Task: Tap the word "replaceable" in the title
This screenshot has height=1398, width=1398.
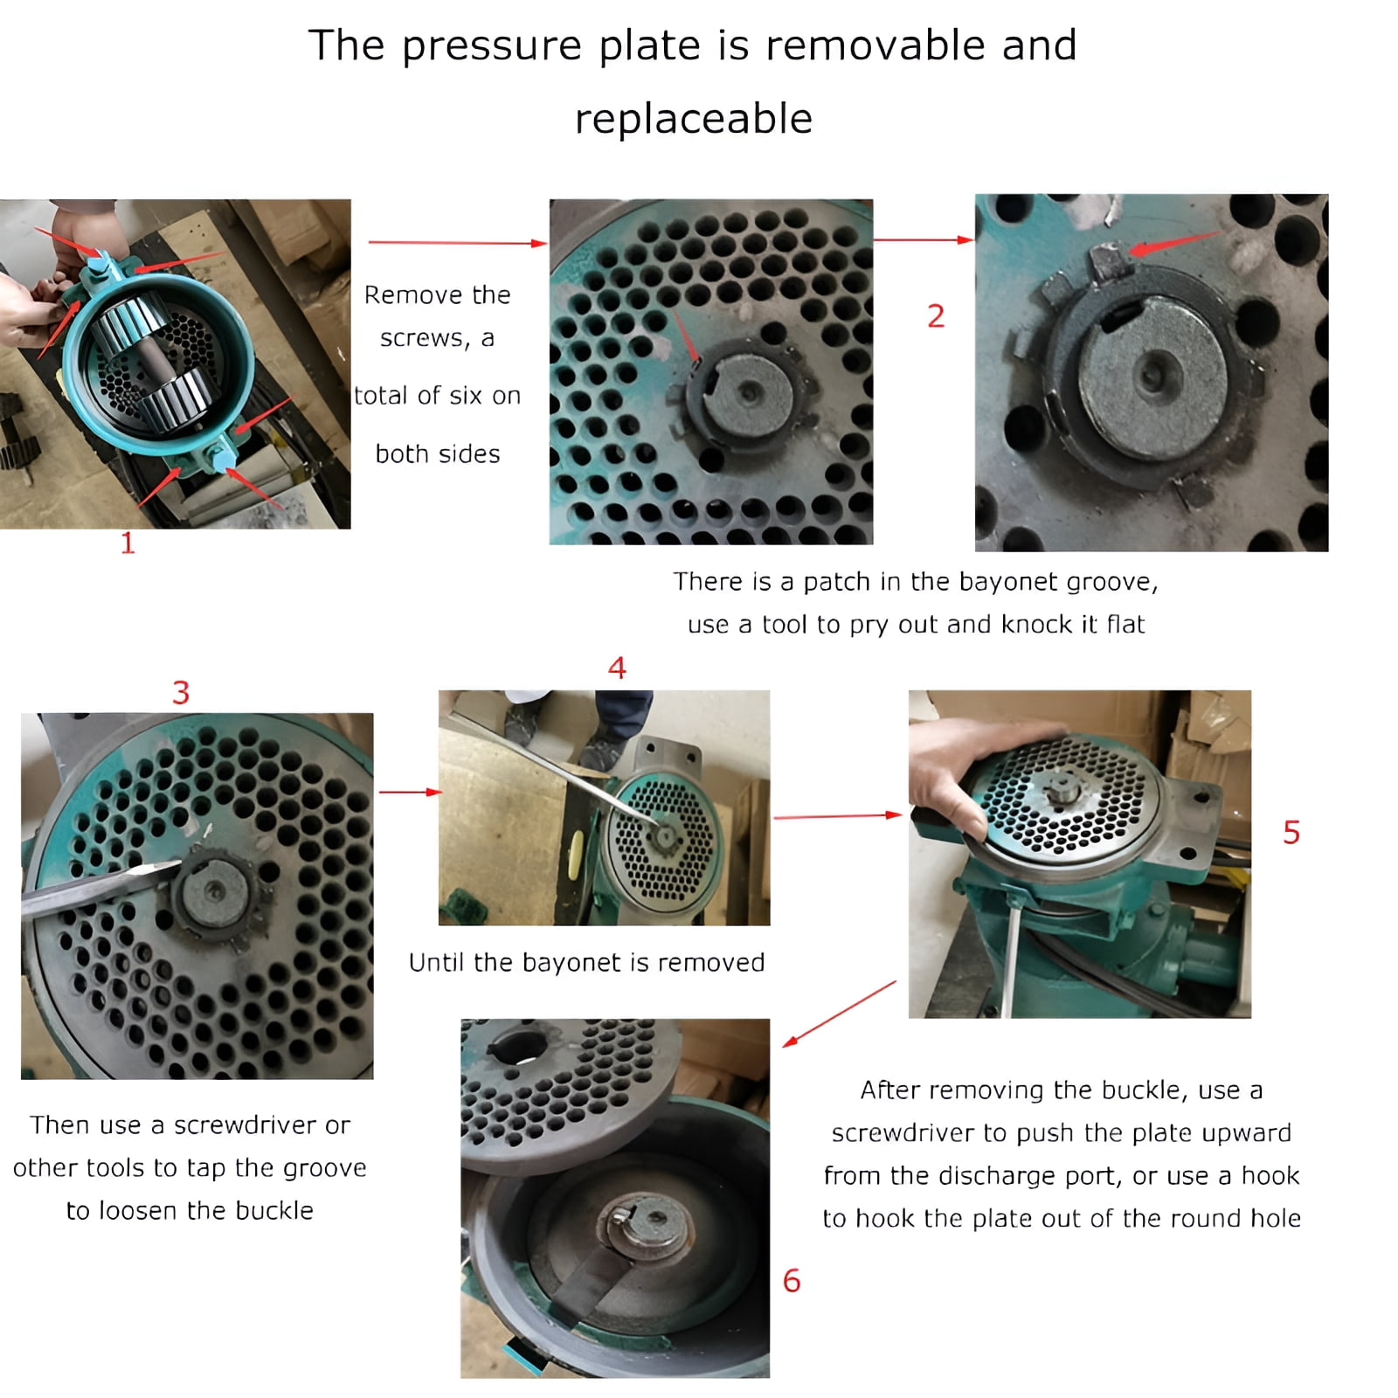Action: pos(694,118)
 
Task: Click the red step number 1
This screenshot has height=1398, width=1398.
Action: pos(128,543)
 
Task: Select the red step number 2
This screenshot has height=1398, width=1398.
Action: pos(936,315)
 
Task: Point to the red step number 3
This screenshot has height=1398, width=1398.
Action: pos(181,693)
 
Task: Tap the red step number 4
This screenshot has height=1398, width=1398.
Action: pos(617,668)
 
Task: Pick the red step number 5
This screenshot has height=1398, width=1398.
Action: pos(1291,832)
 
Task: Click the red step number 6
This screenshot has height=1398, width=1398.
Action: pos(792,1281)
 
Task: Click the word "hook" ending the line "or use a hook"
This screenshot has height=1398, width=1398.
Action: pos(1270,1175)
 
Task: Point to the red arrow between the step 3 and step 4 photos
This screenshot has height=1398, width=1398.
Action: pos(411,792)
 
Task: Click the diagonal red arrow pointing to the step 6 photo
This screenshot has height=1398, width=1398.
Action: pos(839,1014)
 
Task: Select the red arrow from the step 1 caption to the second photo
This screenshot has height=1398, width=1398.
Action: pos(458,242)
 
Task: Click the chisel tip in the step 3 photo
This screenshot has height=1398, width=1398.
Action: pos(179,863)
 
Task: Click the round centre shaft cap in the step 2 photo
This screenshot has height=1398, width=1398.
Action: pos(1152,376)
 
